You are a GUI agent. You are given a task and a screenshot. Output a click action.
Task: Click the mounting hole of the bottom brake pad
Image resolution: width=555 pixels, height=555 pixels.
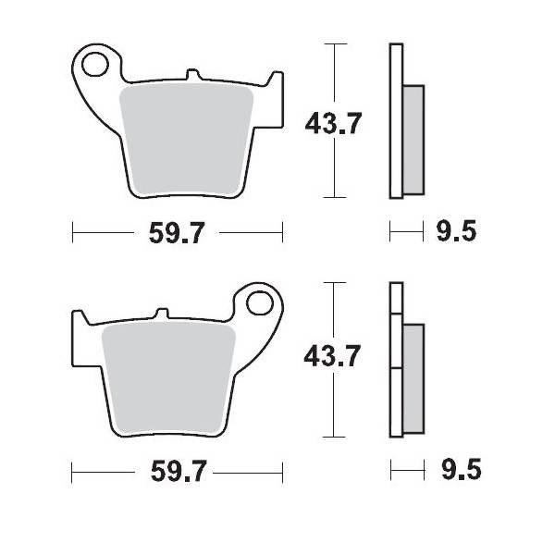[262, 303]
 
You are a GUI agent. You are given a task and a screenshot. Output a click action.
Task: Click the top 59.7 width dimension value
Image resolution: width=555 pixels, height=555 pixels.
[176, 234]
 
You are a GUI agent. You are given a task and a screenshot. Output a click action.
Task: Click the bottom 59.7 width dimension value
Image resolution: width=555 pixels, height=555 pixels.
[176, 472]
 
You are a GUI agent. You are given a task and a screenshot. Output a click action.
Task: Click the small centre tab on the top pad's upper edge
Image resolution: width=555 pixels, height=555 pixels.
[191, 73]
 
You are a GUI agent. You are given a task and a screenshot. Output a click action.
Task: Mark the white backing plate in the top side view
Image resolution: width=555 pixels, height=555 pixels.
[396, 120]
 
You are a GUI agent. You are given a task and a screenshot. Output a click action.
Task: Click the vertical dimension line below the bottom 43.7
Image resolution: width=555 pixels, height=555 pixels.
[333, 407]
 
